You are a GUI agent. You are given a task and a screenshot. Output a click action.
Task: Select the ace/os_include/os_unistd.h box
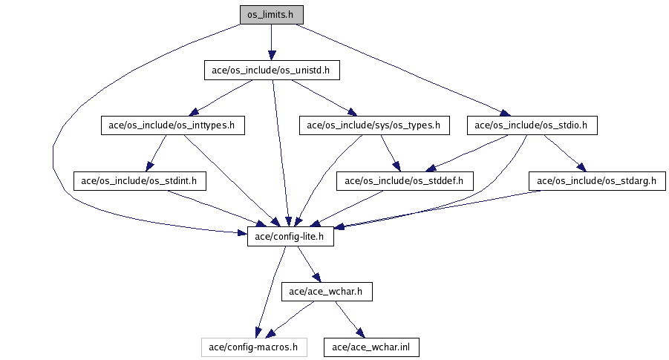(271, 71)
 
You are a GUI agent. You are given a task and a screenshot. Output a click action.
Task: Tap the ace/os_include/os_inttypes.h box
(172, 126)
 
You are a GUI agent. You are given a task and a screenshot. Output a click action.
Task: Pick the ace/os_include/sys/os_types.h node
(373, 126)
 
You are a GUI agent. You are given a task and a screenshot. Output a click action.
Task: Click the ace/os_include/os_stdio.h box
(532, 126)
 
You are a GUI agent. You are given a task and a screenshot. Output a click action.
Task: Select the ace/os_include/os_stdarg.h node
(597, 180)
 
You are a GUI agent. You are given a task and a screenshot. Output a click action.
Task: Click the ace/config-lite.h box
(290, 238)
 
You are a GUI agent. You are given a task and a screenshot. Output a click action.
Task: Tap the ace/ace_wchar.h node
(326, 292)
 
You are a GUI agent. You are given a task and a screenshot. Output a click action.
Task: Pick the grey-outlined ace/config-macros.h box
(254, 347)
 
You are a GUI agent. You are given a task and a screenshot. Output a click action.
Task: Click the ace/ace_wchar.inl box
(366, 347)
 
